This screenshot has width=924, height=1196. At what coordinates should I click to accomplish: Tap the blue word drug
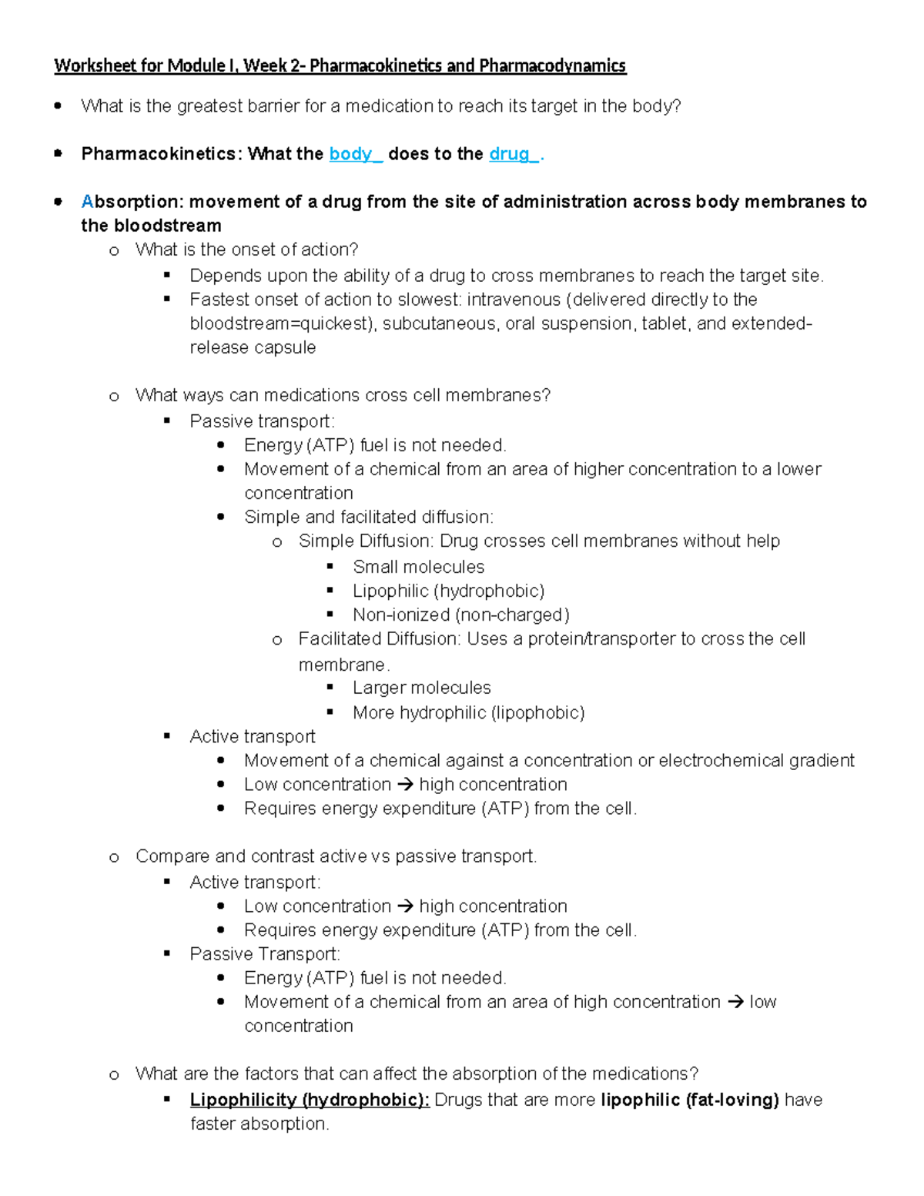pyautogui.click(x=509, y=154)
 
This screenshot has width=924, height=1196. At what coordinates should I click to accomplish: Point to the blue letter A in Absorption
pyautogui.click(x=87, y=202)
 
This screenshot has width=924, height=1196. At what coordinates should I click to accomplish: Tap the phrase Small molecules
pyautogui.click(x=418, y=567)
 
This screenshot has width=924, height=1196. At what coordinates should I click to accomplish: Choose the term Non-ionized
pyautogui.click(x=400, y=615)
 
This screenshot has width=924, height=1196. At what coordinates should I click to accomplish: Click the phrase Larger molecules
pyautogui.click(x=421, y=688)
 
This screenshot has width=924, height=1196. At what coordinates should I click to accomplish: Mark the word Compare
pyautogui.click(x=172, y=856)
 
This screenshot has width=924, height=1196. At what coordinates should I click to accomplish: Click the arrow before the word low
pyautogui.click(x=735, y=1002)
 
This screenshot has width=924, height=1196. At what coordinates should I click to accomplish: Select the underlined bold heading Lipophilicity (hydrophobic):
pyautogui.click(x=310, y=1100)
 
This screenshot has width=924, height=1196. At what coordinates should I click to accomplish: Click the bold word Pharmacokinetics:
pyautogui.click(x=162, y=154)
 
